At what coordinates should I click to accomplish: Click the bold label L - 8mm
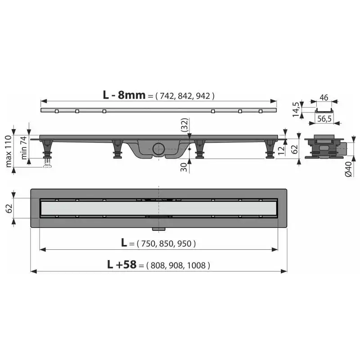124,95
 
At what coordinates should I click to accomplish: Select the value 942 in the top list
203,96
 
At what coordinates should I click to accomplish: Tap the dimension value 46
324,98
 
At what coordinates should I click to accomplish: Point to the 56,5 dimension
324,119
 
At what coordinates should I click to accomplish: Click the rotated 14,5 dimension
296,109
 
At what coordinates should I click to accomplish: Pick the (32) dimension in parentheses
184,125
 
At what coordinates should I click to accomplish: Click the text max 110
8,151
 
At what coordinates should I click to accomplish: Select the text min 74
24,148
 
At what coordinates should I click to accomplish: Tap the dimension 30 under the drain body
184,167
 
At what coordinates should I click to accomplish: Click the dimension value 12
281,150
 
